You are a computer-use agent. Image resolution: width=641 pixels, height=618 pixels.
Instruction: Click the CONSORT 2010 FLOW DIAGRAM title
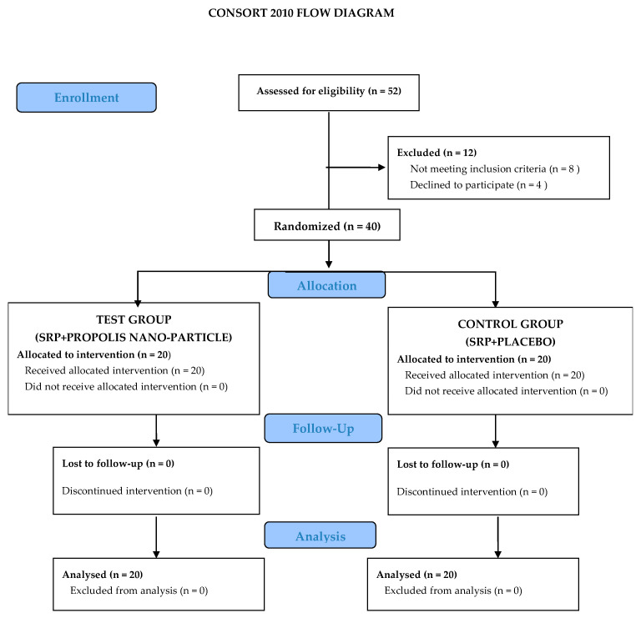(300, 13)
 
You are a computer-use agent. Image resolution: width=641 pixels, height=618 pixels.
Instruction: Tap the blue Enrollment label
(86, 98)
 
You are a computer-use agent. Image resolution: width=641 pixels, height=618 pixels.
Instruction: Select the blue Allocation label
(326, 285)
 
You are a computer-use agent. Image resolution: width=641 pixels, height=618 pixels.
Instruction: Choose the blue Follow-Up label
(323, 428)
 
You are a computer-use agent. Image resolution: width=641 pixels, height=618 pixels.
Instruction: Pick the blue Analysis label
(320, 535)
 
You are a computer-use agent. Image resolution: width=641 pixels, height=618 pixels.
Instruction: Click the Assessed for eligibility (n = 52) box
(329, 93)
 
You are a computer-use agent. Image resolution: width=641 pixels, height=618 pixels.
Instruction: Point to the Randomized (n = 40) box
(327, 224)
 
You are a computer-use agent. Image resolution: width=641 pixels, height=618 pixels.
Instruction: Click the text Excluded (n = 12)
(437, 153)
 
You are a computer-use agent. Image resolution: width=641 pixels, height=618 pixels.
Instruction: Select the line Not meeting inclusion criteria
(495, 168)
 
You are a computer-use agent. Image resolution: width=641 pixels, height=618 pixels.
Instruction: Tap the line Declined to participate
(478, 185)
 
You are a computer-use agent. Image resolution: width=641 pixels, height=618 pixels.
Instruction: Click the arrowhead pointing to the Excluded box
(381, 167)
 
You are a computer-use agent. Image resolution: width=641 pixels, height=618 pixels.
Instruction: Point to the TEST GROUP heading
(134, 319)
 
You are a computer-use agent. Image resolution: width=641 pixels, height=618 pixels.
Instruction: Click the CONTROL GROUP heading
(510, 324)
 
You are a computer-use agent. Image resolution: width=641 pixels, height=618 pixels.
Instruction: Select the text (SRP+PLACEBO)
(510, 341)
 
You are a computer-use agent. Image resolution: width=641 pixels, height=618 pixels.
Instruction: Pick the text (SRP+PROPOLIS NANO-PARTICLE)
(134, 337)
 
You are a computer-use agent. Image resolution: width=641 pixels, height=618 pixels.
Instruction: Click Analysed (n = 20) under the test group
(102, 575)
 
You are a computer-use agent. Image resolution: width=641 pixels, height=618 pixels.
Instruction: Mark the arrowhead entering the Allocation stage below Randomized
(329, 264)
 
